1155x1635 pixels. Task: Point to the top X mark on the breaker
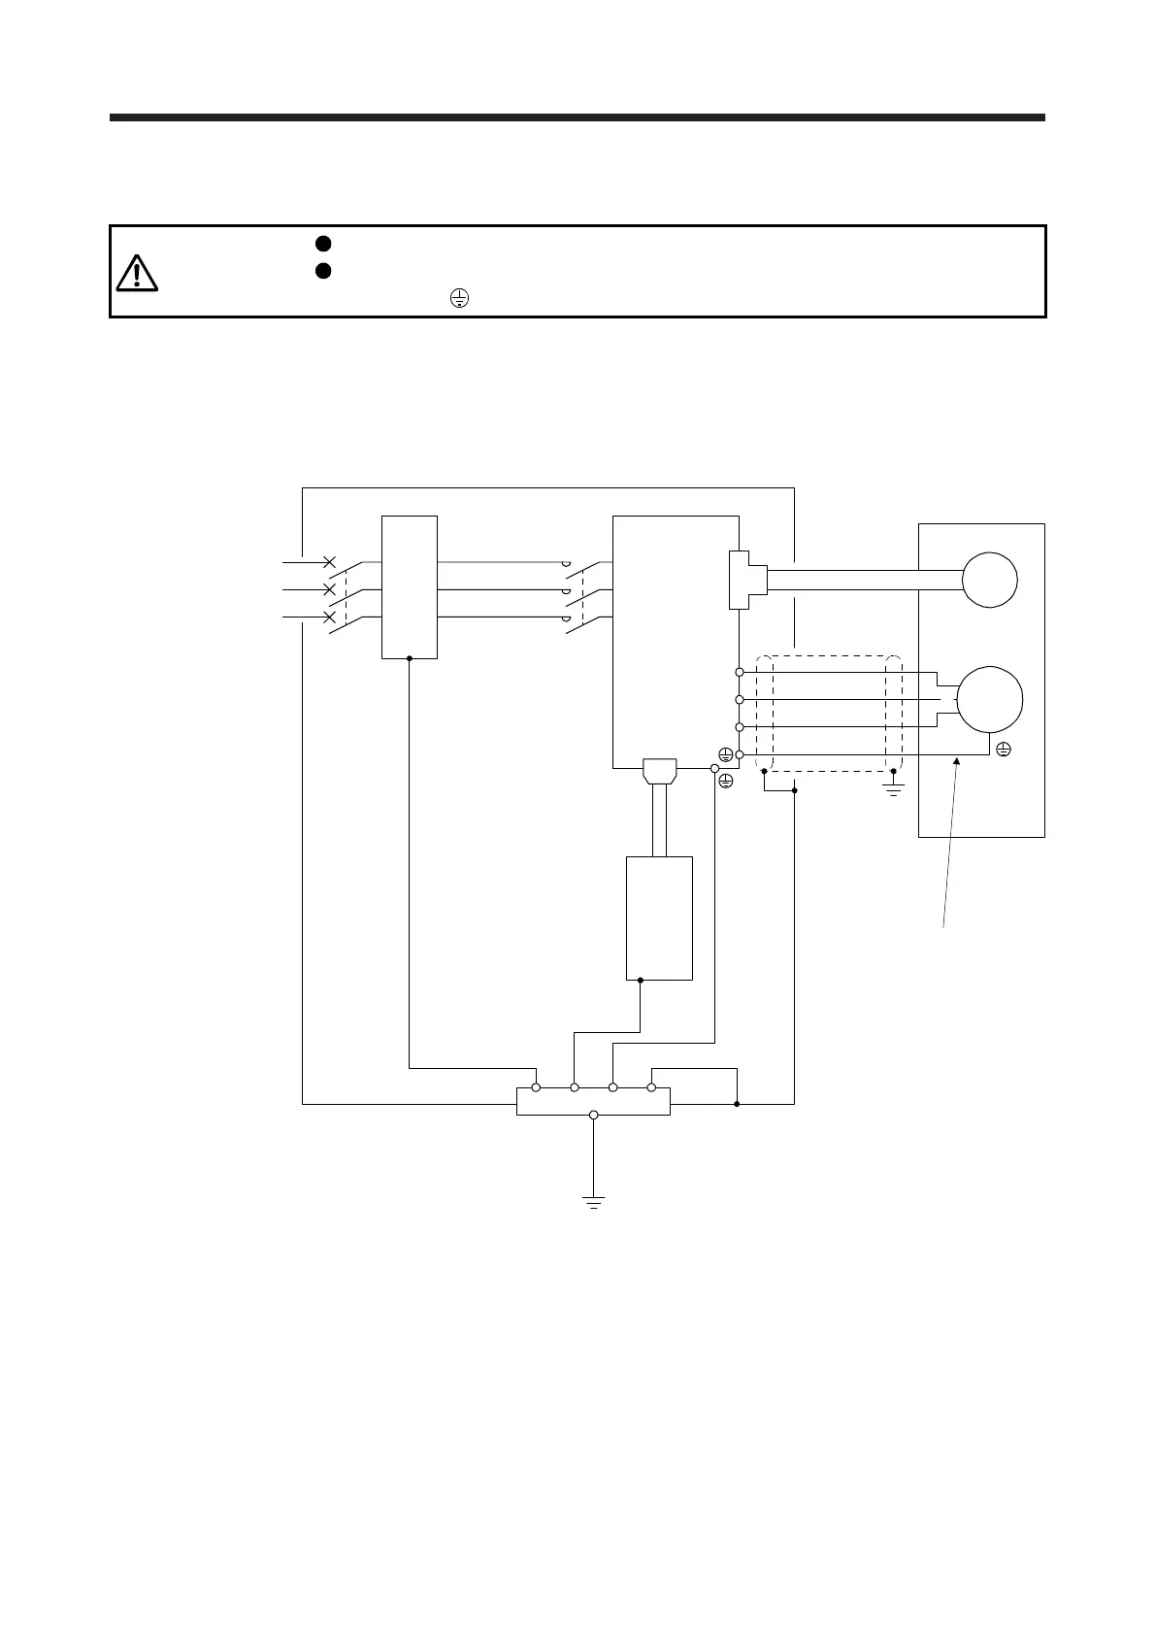coord(329,562)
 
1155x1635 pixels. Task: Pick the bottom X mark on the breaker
coord(329,617)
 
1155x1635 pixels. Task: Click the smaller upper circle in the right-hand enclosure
coord(989,580)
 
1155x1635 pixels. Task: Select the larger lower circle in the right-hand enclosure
coord(989,699)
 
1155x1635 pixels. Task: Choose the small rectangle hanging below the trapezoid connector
coord(659,918)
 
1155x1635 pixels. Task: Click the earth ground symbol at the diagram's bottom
coord(593,1201)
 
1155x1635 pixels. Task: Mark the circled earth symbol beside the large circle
coord(1004,750)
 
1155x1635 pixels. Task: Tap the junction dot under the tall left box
coord(410,658)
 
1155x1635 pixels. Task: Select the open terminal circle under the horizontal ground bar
coord(593,1115)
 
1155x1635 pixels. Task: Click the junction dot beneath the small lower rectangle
coord(641,981)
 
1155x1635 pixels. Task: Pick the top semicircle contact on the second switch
coord(565,563)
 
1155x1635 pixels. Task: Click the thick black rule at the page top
coord(577,117)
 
